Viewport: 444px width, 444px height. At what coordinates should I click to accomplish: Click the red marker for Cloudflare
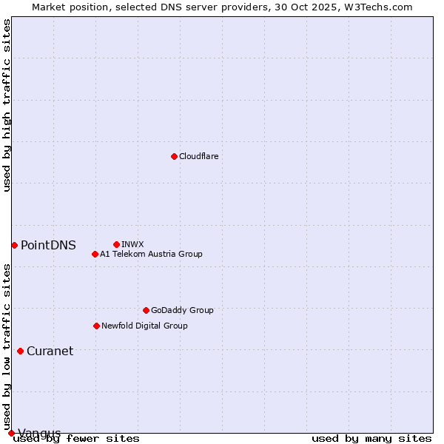click(x=174, y=156)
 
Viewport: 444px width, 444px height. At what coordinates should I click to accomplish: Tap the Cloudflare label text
click(x=198, y=156)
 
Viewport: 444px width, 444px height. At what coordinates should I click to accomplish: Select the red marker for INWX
click(x=116, y=244)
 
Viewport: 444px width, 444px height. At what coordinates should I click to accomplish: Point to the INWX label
click(x=132, y=244)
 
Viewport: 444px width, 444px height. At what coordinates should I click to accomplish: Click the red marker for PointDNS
click(x=14, y=245)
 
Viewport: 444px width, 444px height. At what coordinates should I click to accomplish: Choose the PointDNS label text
click(x=48, y=246)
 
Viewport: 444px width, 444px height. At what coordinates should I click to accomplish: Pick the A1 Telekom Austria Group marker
click(x=95, y=254)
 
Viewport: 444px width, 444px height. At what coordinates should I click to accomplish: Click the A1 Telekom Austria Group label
click(x=151, y=254)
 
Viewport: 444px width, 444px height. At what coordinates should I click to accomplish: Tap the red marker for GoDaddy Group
click(x=146, y=310)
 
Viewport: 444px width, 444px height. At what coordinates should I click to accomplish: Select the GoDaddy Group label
click(x=182, y=310)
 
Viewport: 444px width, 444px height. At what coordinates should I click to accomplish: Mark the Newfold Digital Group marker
click(x=96, y=326)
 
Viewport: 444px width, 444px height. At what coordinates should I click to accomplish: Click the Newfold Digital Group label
click(x=144, y=326)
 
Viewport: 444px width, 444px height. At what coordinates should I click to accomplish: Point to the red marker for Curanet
click(x=20, y=351)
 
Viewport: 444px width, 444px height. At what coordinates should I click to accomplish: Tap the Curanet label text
click(x=50, y=351)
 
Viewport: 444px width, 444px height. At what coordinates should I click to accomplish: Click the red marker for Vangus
click(x=11, y=433)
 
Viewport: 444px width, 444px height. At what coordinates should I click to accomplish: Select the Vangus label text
click(x=39, y=433)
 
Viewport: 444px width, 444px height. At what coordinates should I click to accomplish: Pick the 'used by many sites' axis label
click(x=371, y=439)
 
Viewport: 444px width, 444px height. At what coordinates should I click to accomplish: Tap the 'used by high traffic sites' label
click(x=7, y=105)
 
